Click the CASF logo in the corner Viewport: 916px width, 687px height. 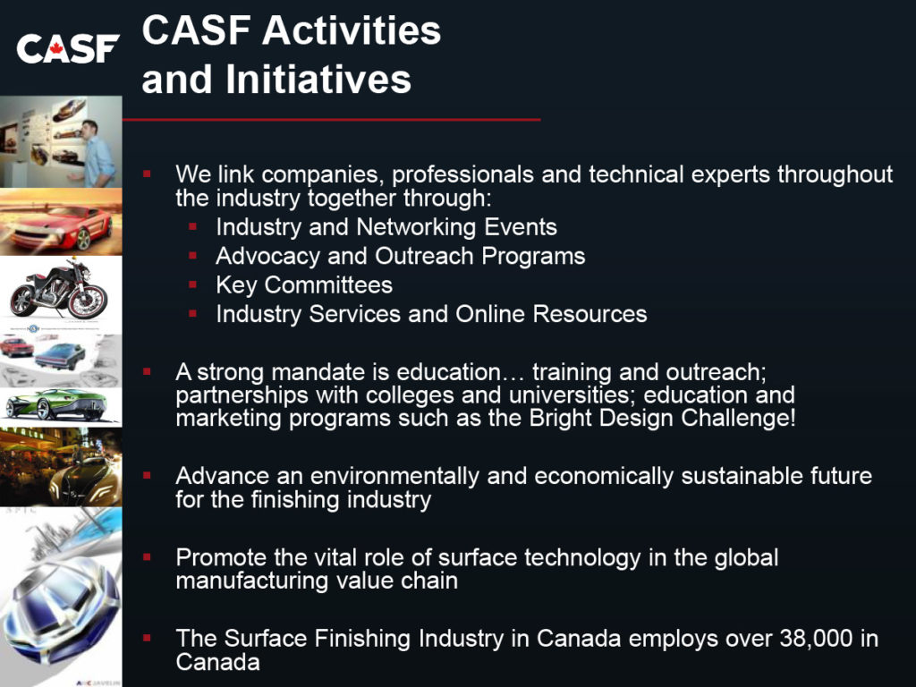(68, 48)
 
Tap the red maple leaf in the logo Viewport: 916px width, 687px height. (55, 47)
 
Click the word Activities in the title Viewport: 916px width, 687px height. (352, 30)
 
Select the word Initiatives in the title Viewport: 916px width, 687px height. (318, 79)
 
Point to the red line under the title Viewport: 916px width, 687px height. (331, 120)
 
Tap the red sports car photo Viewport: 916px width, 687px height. (61, 222)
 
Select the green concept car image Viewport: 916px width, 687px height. (61, 405)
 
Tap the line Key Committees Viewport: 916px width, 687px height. (304, 285)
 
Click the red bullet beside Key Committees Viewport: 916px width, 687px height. (193, 284)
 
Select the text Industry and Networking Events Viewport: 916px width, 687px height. (386, 227)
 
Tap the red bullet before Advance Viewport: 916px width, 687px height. (147, 476)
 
